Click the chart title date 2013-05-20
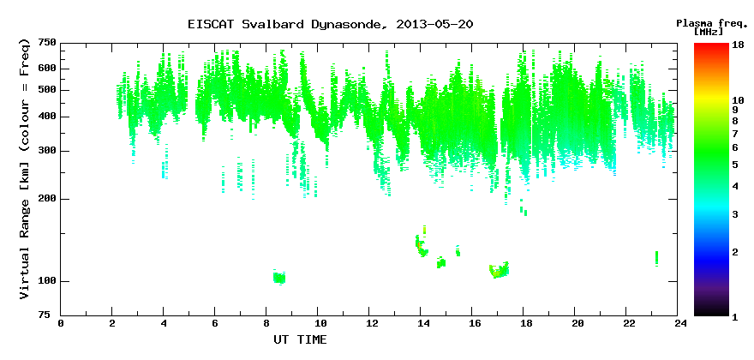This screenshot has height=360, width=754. (x=434, y=24)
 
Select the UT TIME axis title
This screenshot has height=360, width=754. (x=300, y=339)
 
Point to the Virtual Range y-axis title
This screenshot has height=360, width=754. (x=25, y=170)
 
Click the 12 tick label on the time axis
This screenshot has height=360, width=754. (x=368, y=323)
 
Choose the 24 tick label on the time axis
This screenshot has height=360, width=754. (x=677, y=323)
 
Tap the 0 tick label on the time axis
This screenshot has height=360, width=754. (x=61, y=323)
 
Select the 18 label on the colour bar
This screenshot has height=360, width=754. (x=738, y=46)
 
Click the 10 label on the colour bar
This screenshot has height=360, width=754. (x=738, y=100)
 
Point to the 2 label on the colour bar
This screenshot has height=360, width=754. (x=735, y=252)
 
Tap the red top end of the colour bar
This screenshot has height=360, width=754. (x=711, y=45)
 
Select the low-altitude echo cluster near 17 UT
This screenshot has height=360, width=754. (x=498, y=271)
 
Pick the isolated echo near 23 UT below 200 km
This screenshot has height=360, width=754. (x=656, y=258)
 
